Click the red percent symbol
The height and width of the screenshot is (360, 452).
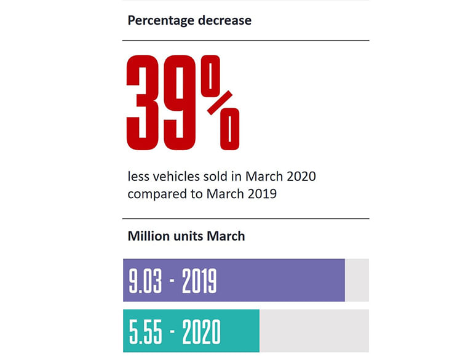(x=220, y=103)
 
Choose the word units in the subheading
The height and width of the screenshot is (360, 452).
(x=191, y=236)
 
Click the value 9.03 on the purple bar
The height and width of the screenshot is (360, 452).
(x=145, y=281)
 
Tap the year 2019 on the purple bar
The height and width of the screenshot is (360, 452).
(x=199, y=281)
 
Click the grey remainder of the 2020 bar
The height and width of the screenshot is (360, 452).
(x=314, y=331)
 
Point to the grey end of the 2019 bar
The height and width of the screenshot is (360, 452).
(x=357, y=280)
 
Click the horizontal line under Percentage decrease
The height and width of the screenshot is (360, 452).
(x=246, y=41)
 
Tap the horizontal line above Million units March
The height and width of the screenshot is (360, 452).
(x=246, y=218)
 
